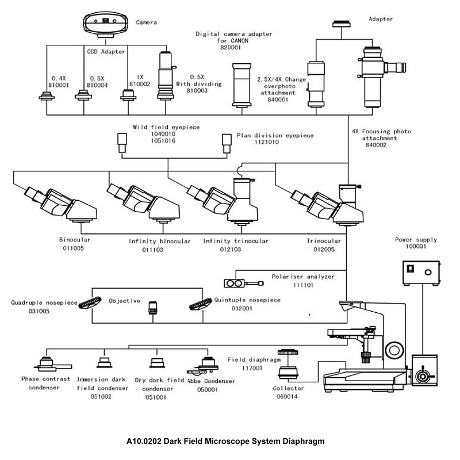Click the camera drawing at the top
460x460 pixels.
tap(106, 25)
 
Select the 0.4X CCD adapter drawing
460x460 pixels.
tap(47, 96)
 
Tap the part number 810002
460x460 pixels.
tap(140, 84)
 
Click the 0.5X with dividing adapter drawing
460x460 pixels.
tap(166, 76)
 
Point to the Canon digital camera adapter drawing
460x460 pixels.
tap(241, 85)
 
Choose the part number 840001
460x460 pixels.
tap(278, 99)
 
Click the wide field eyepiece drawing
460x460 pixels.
tap(122, 143)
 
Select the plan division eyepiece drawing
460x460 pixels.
tap(227, 143)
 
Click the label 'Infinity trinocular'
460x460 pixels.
tap(236, 241)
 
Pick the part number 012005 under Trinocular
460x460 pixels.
tap(324, 250)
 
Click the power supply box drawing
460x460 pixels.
tap(421, 273)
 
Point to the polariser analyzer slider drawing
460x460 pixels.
tap(243, 283)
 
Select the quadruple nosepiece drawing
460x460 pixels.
tap(90, 302)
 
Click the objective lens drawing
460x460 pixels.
tap(152, 308)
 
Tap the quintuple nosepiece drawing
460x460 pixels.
tap(201, 304)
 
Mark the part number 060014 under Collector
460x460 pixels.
tap(287, 397)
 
